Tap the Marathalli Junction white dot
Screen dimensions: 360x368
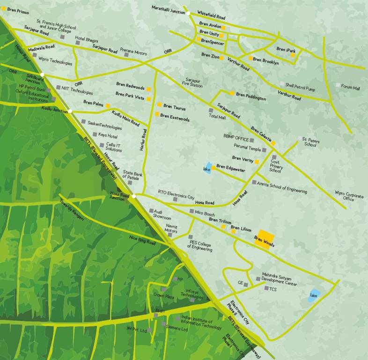[x=188, y=14]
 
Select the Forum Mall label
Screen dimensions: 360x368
[x=350, y=87]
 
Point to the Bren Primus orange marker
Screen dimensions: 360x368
[x=4, y=9]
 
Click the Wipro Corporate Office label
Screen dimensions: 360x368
[x=349, y=195]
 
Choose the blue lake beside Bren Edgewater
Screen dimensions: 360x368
[x=207, y=169]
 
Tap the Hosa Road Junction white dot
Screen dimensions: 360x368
[x=133, y=196]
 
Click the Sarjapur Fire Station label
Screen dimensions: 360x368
[x=192, y=83]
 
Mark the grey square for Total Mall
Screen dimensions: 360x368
[x=211, y=111]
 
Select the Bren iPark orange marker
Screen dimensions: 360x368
[x=293, y=55]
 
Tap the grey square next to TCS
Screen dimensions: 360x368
[x=266, y=288]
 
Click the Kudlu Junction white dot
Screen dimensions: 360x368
[x=70, y=111]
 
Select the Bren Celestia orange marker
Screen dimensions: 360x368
[x=273, y=142]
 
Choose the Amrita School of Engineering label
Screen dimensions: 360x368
[x=282, y=188]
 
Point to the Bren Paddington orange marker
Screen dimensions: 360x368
[x=231, y=93]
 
